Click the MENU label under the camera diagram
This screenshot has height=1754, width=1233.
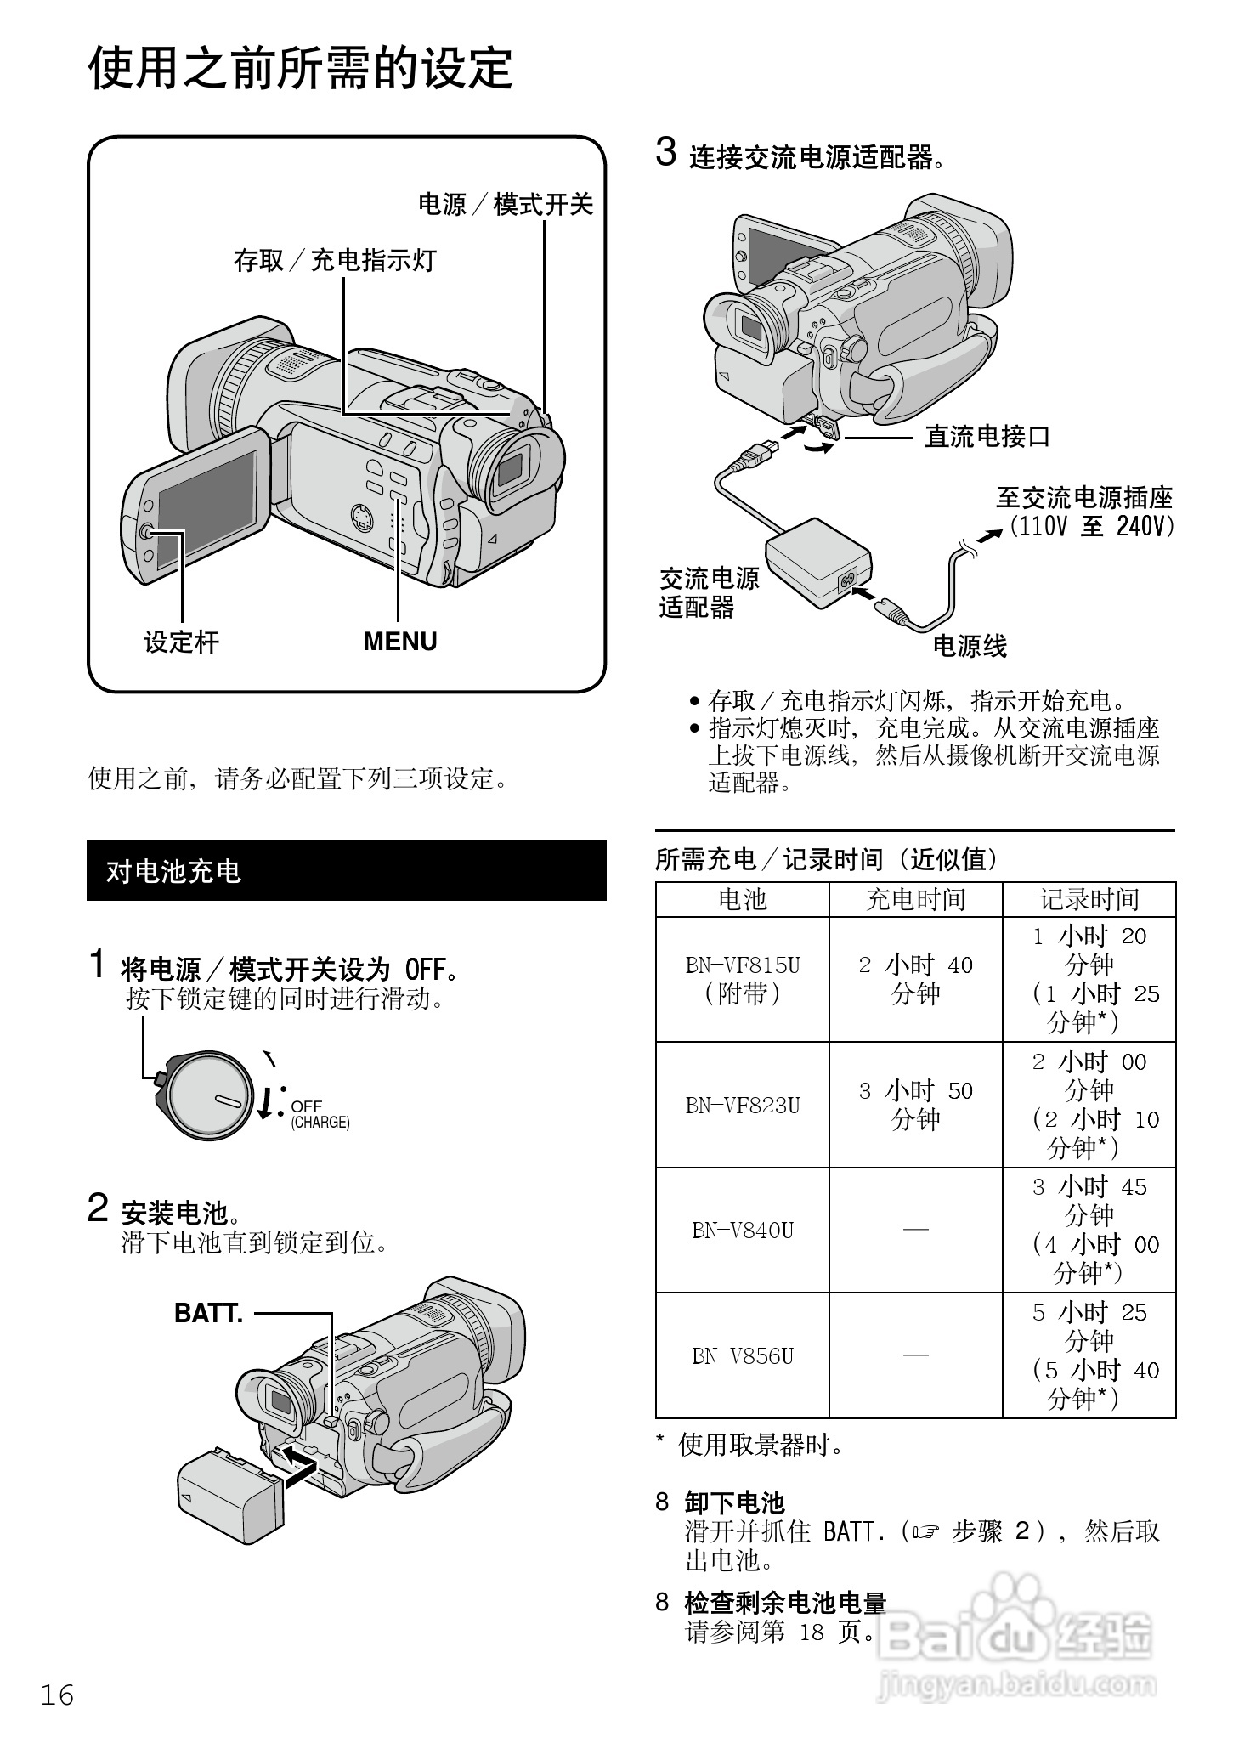click(x=399, y=641)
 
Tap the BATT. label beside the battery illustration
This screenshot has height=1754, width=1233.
click(x=208, y=1313)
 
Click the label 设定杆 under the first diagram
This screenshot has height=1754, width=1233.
click(x=181, y=642)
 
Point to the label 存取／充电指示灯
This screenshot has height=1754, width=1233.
click(x=335, y=260)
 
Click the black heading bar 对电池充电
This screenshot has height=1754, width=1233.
click(x=346, y=870)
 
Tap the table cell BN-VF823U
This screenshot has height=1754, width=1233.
click(x=742, y=1105)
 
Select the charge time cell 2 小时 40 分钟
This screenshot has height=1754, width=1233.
click(x=915, y=979)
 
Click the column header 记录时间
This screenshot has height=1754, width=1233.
click(x=1089, y=899)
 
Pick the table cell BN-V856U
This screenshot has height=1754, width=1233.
click(x=742, y=1355)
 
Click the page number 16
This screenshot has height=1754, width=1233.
click(x=58, y=1695)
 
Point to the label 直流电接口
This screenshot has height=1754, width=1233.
click(x=987, y=437)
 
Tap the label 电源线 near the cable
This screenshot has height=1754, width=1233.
click(x=970, y=647)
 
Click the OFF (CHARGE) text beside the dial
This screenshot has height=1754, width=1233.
click(x=319, y=1114)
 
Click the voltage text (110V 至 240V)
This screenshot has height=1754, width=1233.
click(x=1091, y=527)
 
